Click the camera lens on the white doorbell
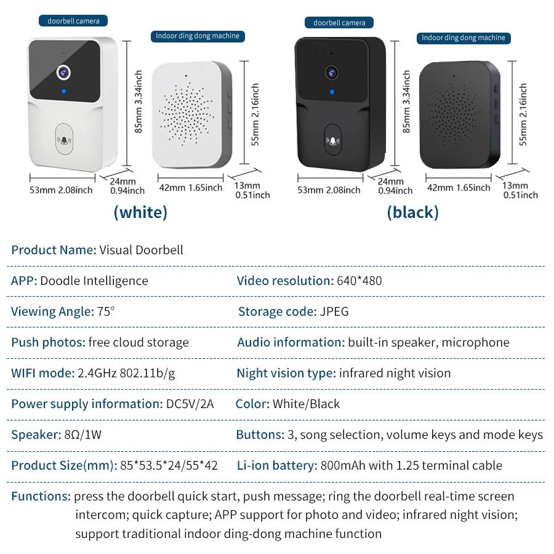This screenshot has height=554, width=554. coord(63,71)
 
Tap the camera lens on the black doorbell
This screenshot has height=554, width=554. coord(331,71)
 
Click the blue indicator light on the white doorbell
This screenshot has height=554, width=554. coord(63,93)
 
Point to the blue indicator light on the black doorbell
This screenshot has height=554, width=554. coord(332,92)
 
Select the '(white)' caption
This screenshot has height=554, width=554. coord(140,212)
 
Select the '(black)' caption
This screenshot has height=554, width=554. coord(412,212)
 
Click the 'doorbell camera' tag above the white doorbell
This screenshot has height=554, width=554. coord(74,21)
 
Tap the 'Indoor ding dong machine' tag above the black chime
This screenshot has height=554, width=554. coord(463,38)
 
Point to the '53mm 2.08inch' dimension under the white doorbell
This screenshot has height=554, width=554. coord(61,190)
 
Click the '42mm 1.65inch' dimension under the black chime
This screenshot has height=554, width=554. coord(459,187)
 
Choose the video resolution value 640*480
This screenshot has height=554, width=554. coord(359,281)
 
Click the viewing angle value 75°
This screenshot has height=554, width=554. coord(106,311)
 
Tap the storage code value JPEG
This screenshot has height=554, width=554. coord(334,311)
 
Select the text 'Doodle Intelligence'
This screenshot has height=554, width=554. coord(94,281)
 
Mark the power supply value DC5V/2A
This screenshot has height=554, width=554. coord(190,404)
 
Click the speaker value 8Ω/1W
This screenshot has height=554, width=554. coord(82,435)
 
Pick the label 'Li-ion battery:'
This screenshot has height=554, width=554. coord(276,465)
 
